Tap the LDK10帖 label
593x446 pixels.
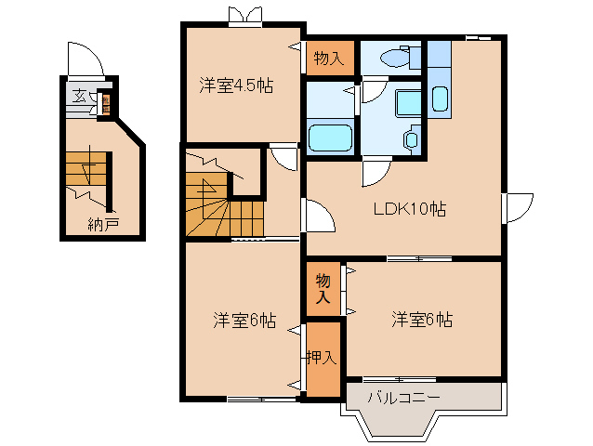410,209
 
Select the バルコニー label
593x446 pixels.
402,398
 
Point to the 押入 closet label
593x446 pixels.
323,357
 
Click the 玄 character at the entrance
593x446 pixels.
79,96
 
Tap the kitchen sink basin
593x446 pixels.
441,99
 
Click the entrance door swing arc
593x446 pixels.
88,58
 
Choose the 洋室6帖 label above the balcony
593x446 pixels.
422,320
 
